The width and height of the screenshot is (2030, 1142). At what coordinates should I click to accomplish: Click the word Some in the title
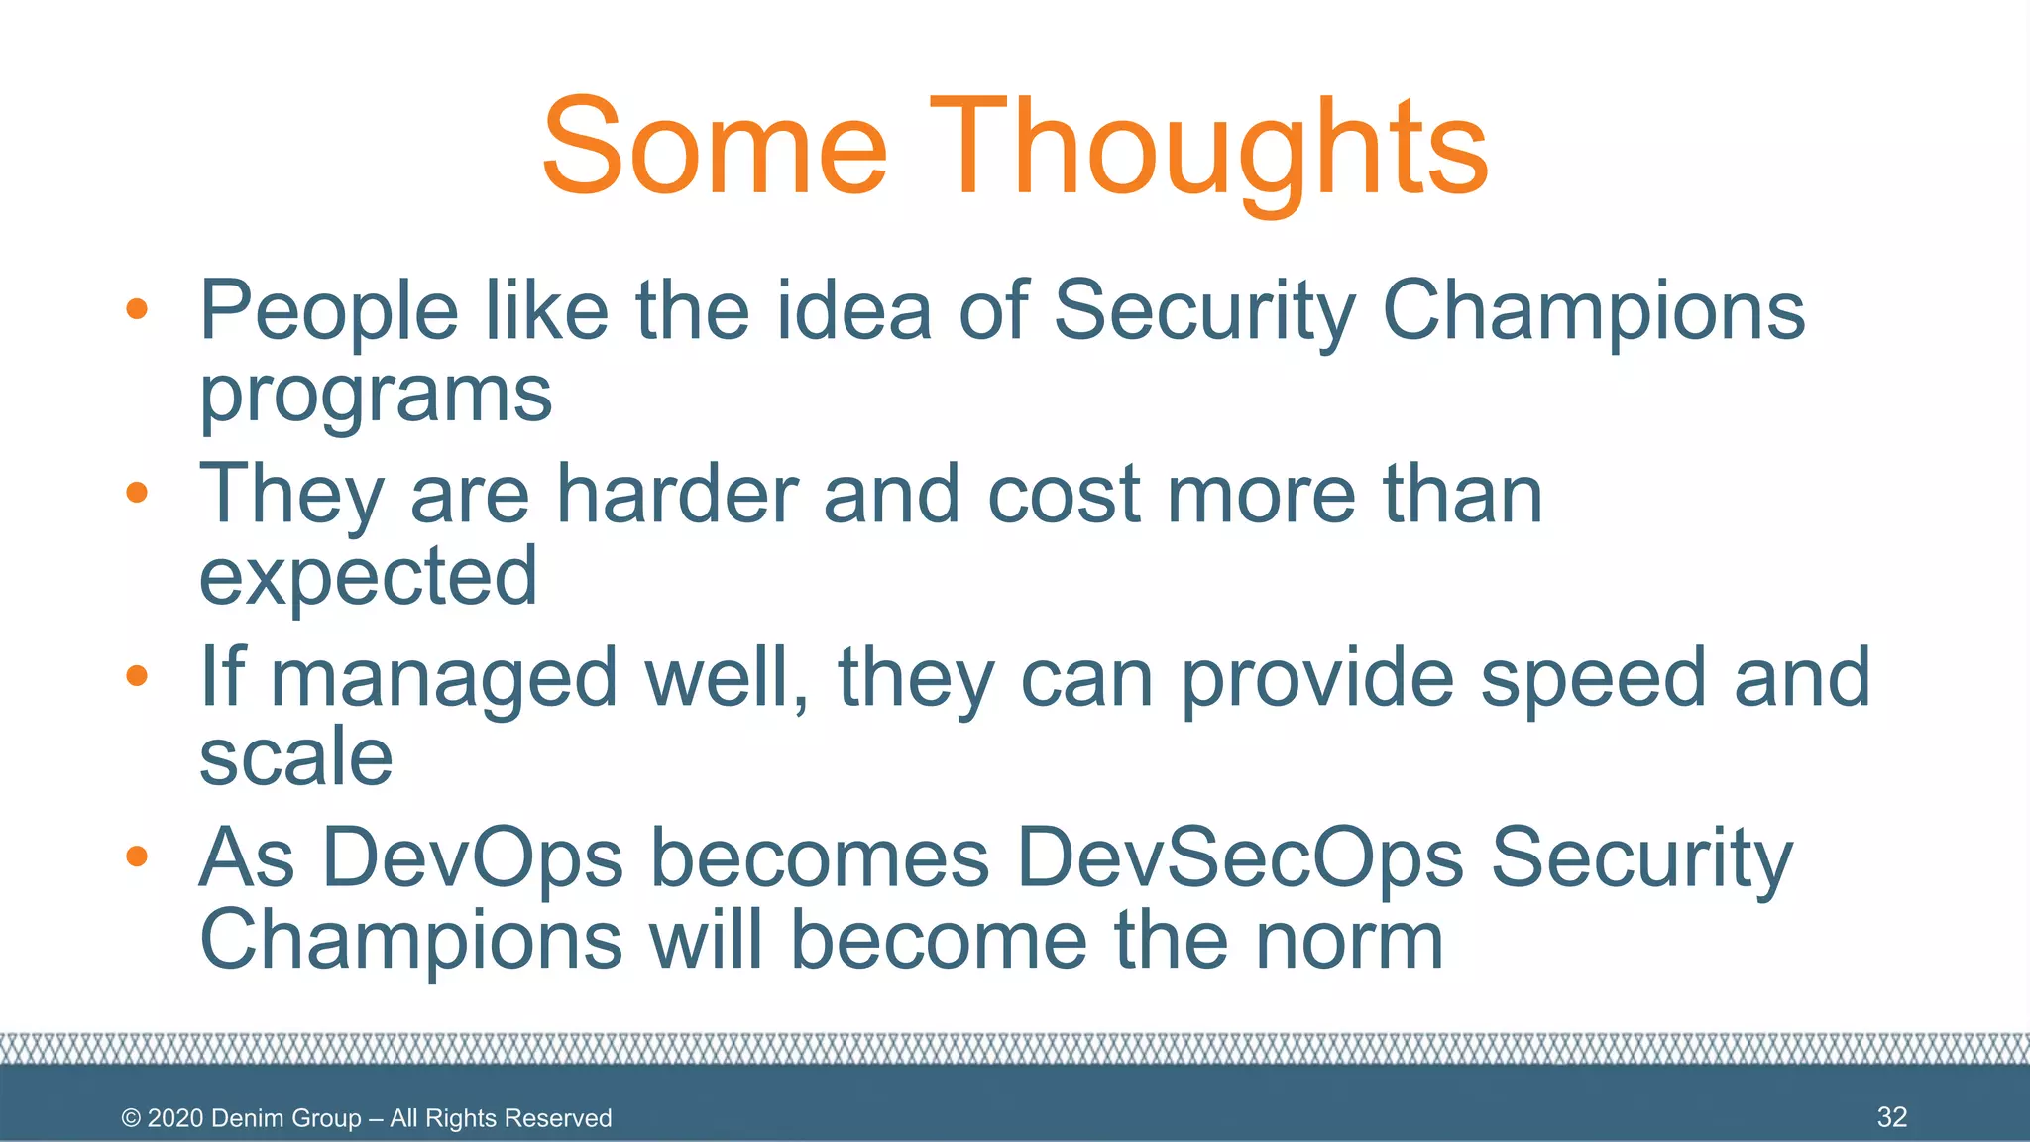714,147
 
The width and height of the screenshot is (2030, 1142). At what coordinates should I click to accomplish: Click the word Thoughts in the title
1206,149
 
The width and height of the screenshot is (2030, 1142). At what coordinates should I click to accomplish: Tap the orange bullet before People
137,309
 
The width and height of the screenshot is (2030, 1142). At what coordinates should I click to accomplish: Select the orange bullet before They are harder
137,493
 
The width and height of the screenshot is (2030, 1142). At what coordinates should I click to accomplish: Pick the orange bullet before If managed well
137,676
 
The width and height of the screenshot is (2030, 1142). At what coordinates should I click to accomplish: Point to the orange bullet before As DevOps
137,856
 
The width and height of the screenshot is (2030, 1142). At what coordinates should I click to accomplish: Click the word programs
376,396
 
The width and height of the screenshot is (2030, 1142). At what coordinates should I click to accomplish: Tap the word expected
368,577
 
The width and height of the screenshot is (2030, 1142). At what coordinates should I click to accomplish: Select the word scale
295,757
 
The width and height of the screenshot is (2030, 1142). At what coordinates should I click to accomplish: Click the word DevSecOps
1240,857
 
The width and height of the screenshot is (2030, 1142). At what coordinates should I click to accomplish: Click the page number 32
1891,1117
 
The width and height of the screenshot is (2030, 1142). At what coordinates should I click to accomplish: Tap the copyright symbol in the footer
131,1118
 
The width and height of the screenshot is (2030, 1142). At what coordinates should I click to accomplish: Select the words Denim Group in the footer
286,1118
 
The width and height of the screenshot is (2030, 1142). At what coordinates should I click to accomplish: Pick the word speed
1593,678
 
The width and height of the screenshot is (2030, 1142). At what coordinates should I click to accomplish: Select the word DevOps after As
473,857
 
